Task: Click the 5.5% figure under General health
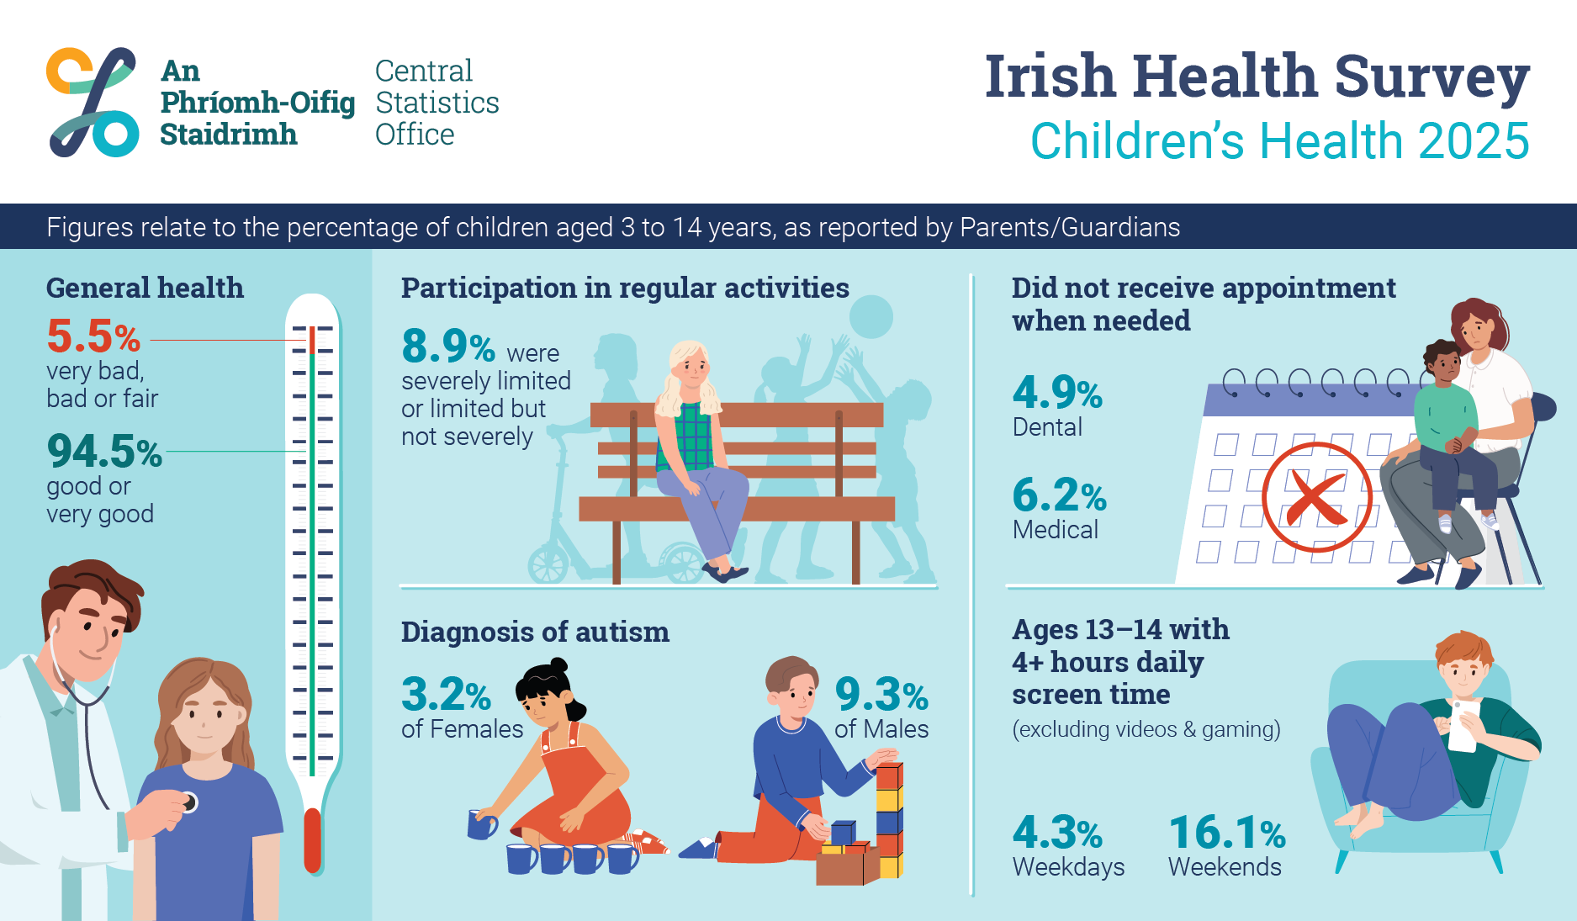[x=93, y=336]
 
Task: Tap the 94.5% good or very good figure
[x=104, y=452]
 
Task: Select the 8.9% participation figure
[x=448, y=346]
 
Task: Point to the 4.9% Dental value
[x=1057, y=392]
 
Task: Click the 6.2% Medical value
[x=1059, y=495]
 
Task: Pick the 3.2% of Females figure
[x=446, y=695]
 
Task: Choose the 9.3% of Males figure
[x=881, y=695]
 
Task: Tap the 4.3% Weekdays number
[x=1057, y=833]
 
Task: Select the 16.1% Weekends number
[x=1227, y=833]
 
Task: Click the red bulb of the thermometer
[x=312, y=841]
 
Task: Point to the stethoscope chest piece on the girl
[x=190, y=802]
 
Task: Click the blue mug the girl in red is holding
[x=482, y=824]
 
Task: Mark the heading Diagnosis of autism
[x=535, y=632]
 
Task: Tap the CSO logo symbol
[x=92, y=102]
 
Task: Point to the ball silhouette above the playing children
[x=871, y=317]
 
